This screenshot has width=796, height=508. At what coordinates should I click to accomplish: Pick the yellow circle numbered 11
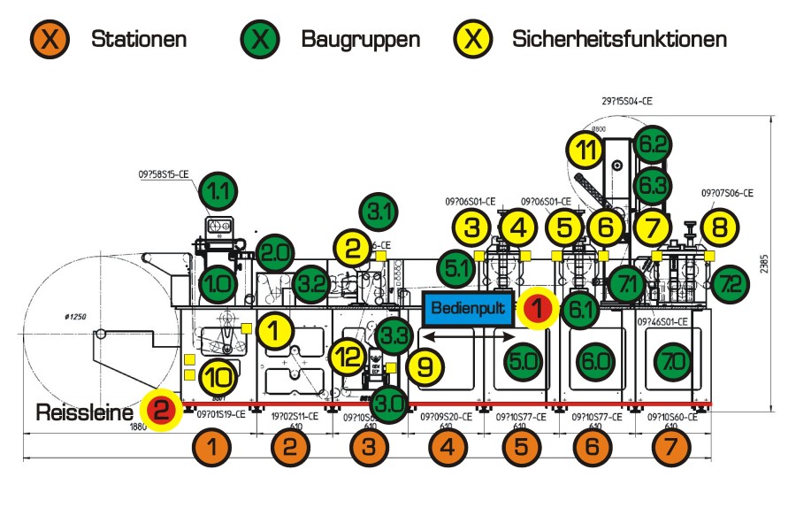(587, 150)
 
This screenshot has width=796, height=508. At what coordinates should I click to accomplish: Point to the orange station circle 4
(447, 448)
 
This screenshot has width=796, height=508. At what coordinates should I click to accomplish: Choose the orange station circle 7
(672, 448)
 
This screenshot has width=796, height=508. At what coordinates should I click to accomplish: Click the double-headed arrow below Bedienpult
(469, 337)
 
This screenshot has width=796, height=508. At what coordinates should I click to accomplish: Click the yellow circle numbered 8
(720, 227)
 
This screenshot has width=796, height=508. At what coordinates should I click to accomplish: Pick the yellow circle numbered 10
(218, 377)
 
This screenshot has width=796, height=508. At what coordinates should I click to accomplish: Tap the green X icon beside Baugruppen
(263, 39)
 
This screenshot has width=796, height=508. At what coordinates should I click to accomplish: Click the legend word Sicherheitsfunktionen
(619, 39)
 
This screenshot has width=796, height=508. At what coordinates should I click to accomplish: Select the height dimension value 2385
(782, 263)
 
